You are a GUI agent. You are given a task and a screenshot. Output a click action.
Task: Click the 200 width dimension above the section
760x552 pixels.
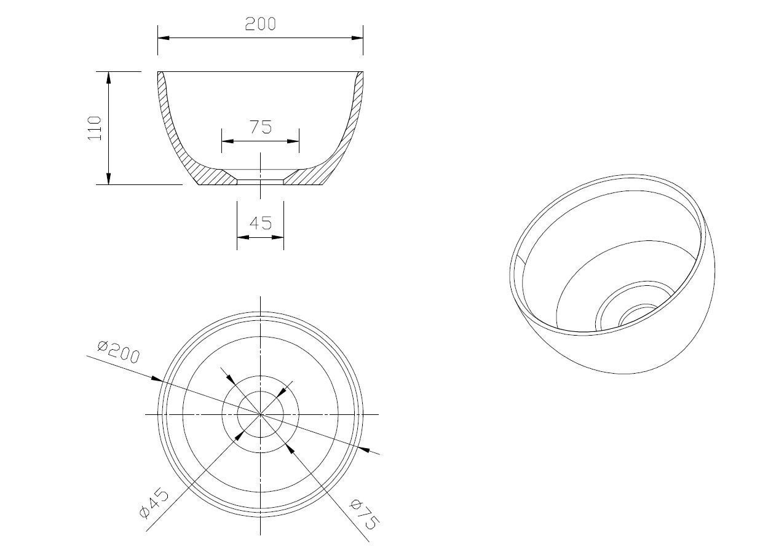click(260, 24)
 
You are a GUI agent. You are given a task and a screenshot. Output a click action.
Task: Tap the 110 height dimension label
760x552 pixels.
click(95, 128)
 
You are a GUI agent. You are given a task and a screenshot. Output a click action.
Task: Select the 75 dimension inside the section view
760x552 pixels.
click(261, 127)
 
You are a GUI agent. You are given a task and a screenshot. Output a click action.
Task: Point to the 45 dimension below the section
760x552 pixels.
click(261, 223)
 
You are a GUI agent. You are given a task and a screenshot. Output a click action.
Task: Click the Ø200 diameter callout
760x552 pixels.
click(118, 352)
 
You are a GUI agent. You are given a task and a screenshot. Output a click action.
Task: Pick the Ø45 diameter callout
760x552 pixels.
click(154, 503)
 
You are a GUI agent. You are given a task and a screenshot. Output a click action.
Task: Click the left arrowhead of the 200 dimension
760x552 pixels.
click(164, 37)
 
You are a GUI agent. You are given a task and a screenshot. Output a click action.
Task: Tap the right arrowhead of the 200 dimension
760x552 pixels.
click(357, 37)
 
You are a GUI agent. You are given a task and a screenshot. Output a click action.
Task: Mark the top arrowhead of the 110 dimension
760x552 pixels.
click(109, 77)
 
